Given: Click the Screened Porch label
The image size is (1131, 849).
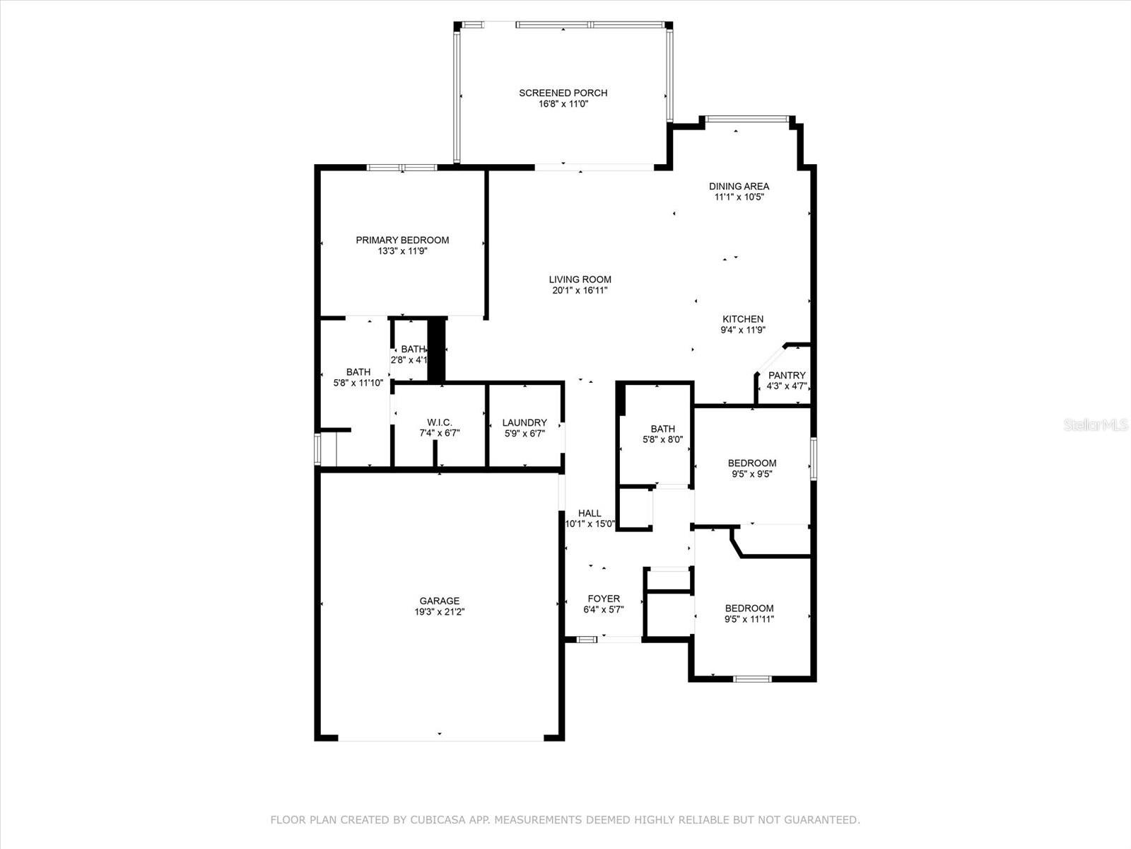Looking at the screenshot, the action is (x=563, y=93).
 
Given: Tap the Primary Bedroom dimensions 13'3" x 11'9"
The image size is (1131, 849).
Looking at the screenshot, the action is (x=402, y=251).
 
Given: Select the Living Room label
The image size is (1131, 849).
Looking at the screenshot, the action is (x=580, y=279).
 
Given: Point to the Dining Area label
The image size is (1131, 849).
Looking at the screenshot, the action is (x=739, y=186).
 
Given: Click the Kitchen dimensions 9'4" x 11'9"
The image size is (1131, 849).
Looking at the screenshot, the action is (x=743, y=330).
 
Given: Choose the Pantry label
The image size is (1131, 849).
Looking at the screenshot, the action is (x=787, y=375).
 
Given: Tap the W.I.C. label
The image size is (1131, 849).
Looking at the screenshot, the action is (x=440, y=422).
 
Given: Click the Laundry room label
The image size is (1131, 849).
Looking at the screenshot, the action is (x=525, y=422).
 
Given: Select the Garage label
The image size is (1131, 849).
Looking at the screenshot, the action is (x=440, y=601).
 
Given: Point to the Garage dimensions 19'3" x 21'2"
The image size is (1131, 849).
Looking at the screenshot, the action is (x=440, y=612).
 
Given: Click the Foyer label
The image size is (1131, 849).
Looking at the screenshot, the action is (x=604, y=599).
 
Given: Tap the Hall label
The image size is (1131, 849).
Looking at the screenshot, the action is (x=590, y=513).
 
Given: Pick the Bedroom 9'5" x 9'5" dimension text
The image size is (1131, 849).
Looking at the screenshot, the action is (x=752, y=474).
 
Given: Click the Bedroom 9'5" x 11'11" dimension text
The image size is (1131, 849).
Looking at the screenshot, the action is (x=749, y=619).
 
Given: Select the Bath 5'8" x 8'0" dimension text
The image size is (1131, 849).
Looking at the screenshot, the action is (x=662, y=439).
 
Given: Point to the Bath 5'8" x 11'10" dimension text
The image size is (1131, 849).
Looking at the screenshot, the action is (x=358, y=383).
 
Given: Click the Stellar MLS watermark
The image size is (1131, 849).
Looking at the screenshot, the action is (x=1096, y=424).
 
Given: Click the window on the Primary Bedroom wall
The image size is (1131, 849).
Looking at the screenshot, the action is (x=402, y=168).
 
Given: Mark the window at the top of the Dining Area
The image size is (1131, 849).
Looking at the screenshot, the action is (x=747, y=119).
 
